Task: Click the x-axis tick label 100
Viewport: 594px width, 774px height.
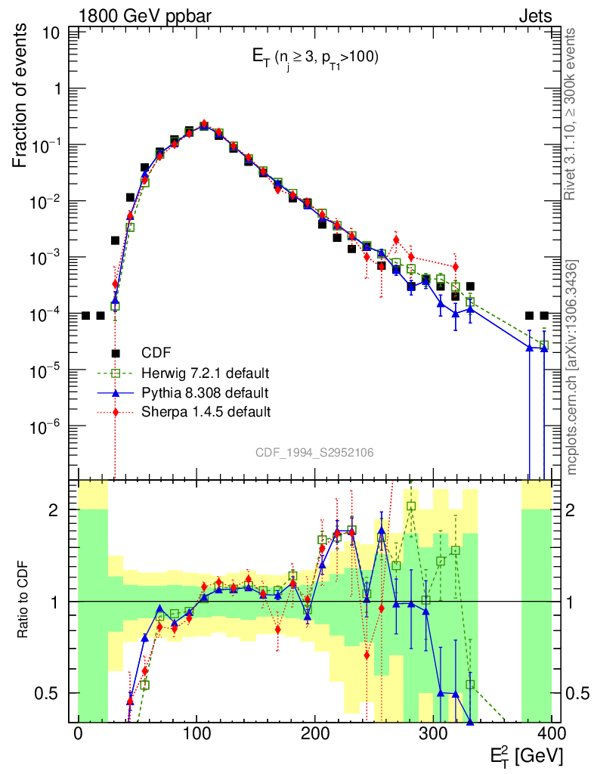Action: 196,734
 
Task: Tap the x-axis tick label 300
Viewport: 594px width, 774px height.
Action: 434,734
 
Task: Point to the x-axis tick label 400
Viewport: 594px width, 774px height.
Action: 552,734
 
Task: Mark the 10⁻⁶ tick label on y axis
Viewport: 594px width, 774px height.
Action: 47,428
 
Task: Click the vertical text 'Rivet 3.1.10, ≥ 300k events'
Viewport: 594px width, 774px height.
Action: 571,114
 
